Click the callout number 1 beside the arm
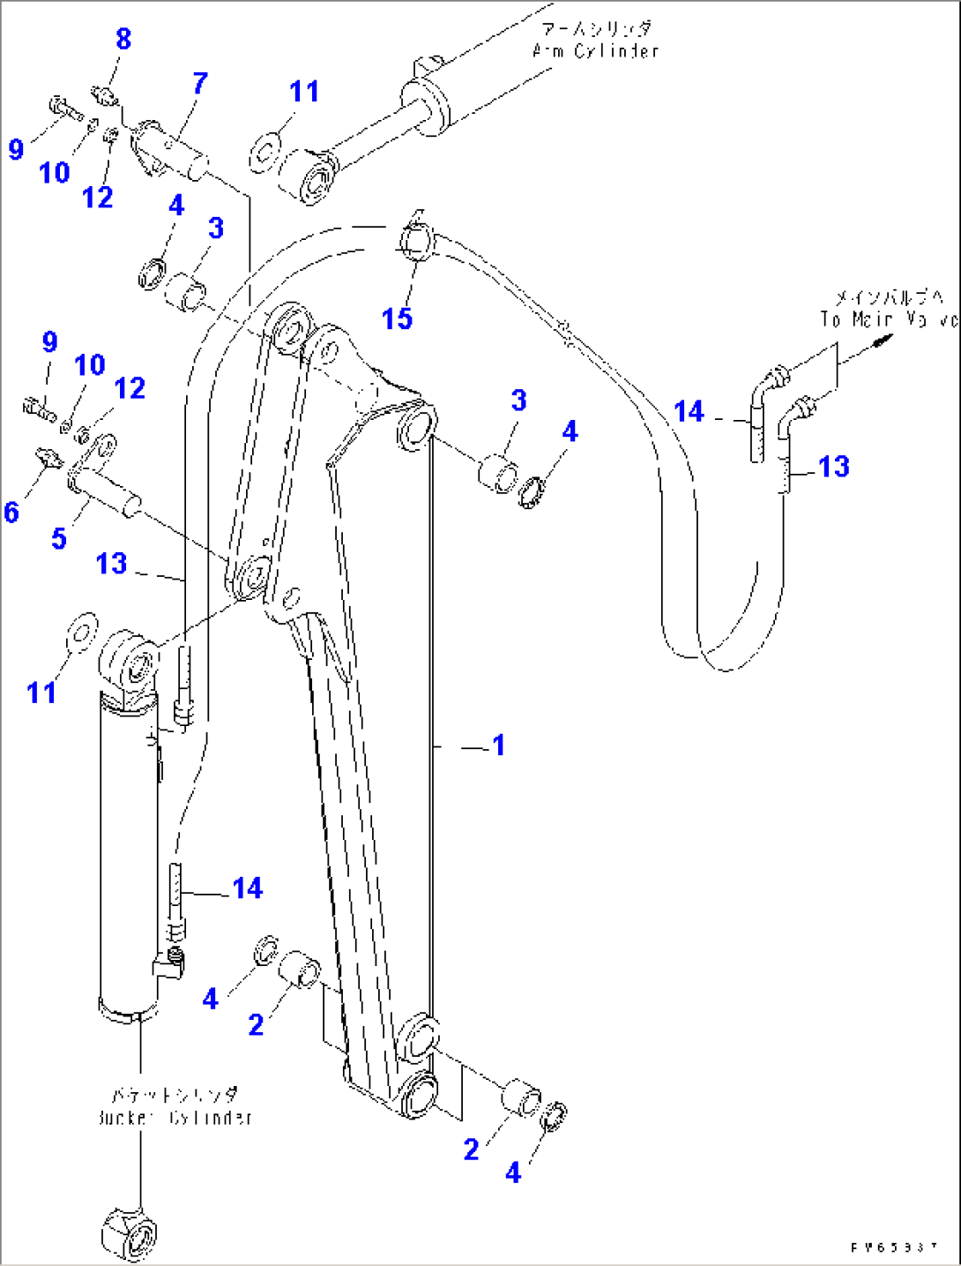[499, 745]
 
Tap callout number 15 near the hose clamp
[398, 318]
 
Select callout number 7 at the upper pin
[200, 84]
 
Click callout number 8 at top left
[123, 39]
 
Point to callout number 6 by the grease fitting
[11, 512]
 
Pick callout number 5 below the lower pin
[59, 538]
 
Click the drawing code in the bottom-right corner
[894, 1247]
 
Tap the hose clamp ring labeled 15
[417, 240]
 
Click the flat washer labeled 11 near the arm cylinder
[266, 151]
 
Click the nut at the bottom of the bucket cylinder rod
[129, 1233]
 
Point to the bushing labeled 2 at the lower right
[521, 1101]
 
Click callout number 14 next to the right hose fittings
[689, 412]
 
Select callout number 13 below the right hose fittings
[834, 467]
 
